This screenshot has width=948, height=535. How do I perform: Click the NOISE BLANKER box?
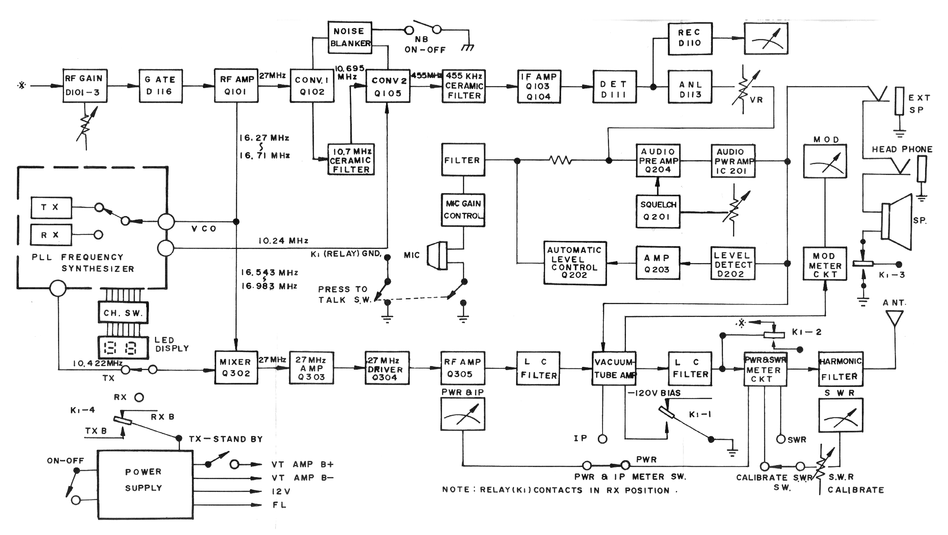[349, 37]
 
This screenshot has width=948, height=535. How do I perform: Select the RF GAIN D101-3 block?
[85, 86]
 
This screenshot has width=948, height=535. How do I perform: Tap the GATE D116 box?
[161, 86]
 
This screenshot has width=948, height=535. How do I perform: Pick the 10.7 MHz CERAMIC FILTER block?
[351, 160]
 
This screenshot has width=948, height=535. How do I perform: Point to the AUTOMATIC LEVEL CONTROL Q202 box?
[575, 263]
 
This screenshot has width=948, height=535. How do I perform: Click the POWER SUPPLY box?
[145, 484]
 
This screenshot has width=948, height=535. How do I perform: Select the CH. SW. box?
[123, 313]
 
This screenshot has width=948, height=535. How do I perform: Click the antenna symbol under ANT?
[894, 319]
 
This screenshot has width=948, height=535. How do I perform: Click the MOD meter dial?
[825, 161]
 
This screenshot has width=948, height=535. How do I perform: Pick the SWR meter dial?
[841, 415]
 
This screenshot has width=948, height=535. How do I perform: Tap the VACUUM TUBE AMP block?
[614, 368]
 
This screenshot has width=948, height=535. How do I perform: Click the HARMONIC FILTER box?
[841, 368]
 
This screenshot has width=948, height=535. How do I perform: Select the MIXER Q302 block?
[236, 367]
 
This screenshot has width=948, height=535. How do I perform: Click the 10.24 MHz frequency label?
[283, 241]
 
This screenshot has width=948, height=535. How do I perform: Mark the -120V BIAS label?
[654, 393]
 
